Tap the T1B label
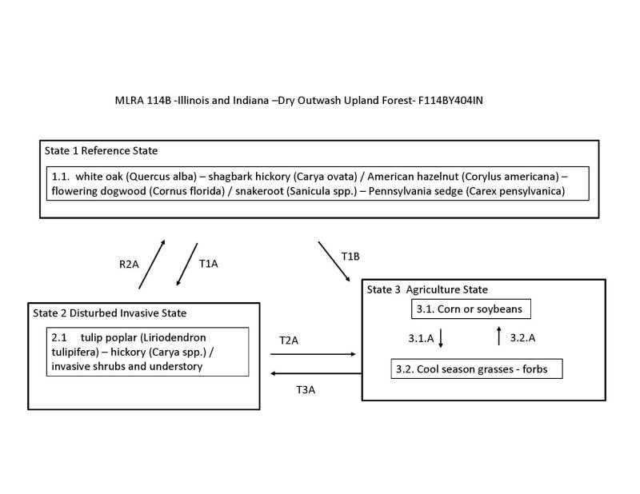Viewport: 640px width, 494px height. pyautogui.click(x=351, y=256)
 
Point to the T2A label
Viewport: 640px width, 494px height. pyautogui.click(x=290, y=340)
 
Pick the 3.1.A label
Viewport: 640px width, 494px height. pyautogui.click(x=415, y=338)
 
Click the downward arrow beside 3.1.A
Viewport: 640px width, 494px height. pyautogui.click(x=441, y=337)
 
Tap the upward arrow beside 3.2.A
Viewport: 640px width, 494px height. pyautogui.click(x=499, y=336)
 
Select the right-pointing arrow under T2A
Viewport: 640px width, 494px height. pyautogui.click(x=316, y=353)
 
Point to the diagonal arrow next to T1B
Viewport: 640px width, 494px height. pyautogui.click(x=334, y=261)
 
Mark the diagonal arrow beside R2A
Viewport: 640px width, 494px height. pyautogui.click(x=153, y=263)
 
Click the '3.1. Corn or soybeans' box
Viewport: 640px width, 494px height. pyautogui.click(x=463, y=309)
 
